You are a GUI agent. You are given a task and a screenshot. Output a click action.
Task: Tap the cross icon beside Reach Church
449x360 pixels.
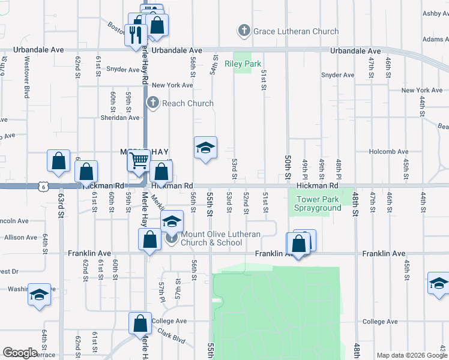(x=153, y=103)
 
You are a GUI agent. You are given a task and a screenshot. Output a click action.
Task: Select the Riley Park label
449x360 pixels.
(x=243, y=64)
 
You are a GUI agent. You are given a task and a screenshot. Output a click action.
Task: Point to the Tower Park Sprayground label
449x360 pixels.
(x=318, y=204)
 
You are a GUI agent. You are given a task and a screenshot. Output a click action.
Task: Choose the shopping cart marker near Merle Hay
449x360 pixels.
(x=139, y=161)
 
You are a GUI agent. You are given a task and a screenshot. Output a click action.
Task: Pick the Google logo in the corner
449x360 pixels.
(x=20, y=353)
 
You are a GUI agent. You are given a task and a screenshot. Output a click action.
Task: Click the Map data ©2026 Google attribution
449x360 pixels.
(x=412, y=355)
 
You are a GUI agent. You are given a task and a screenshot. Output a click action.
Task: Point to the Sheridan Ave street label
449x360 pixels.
(x=119, y=118)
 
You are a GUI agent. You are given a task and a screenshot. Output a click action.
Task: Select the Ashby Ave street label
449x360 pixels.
(x=435, y=13)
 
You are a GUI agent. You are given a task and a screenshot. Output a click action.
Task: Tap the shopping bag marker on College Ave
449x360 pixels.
(x=140, y=323)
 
